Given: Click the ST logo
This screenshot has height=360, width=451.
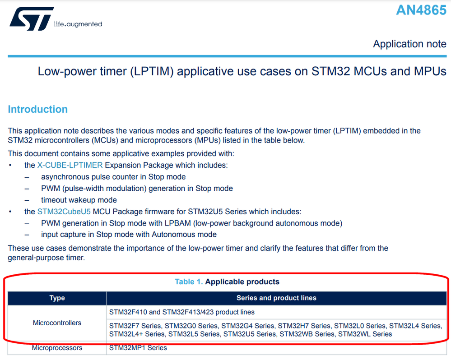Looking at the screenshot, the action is pos(32,18).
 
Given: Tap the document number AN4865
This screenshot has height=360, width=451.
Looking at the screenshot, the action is pos(421,10).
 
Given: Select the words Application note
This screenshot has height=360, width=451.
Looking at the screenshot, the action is pos(409,44).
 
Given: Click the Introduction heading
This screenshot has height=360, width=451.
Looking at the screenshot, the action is pos(37,109).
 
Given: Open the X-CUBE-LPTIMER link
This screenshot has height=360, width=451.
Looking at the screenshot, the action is pos(70,165).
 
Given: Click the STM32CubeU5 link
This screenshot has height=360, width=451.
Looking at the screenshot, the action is pos(64,212).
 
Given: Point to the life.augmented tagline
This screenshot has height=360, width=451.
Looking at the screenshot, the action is pos(78,24).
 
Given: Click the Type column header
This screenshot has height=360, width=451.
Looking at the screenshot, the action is pos(57,298).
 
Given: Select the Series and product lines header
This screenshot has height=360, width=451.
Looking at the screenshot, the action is pos(276,298).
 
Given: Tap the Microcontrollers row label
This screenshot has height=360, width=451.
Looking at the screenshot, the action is pos(57,323).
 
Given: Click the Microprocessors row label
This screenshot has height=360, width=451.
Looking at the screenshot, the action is pos(57,348).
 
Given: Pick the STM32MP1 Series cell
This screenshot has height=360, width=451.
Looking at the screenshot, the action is pos(138,348).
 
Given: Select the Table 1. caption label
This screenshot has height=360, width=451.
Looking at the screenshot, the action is pos(189,282).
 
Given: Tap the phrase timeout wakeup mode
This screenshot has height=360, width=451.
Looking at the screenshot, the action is pos(79,200).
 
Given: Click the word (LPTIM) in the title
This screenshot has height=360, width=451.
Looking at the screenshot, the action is pos(152,72).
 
